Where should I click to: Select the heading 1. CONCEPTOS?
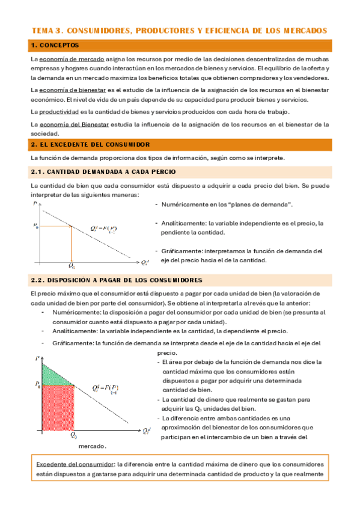pyautogui.click(x=55, y=45)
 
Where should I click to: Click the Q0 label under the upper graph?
pyautogui.click(x=72, y=266)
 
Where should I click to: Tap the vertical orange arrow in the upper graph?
pyautogui.click(x=72, y=243)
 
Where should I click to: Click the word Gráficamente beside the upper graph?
pyautogui.click(x=182, y=250)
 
